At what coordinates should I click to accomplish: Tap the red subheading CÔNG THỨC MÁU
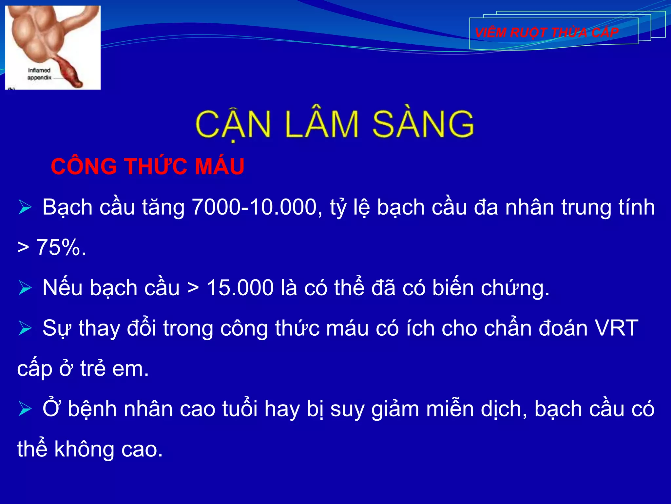point(147,166)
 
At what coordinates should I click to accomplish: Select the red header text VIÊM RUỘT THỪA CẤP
point(546,32)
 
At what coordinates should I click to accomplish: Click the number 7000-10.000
point(254,207)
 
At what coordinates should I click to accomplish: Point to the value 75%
point(61,247)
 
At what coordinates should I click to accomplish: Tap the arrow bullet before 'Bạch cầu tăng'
point(25,207)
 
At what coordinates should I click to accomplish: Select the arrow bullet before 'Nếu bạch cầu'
point(25,288)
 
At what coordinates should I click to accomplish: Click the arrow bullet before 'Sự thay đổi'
point(25,328)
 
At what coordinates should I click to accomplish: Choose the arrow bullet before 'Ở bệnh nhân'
point(25,409)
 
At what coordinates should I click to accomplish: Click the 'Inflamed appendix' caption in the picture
point(39,74)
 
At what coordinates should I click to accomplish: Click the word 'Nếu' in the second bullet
point(62,288)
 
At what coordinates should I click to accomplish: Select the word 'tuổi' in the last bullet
point(240,409)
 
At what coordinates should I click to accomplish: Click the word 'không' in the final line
point(85,449)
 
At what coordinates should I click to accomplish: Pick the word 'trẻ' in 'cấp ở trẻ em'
point(93,368)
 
